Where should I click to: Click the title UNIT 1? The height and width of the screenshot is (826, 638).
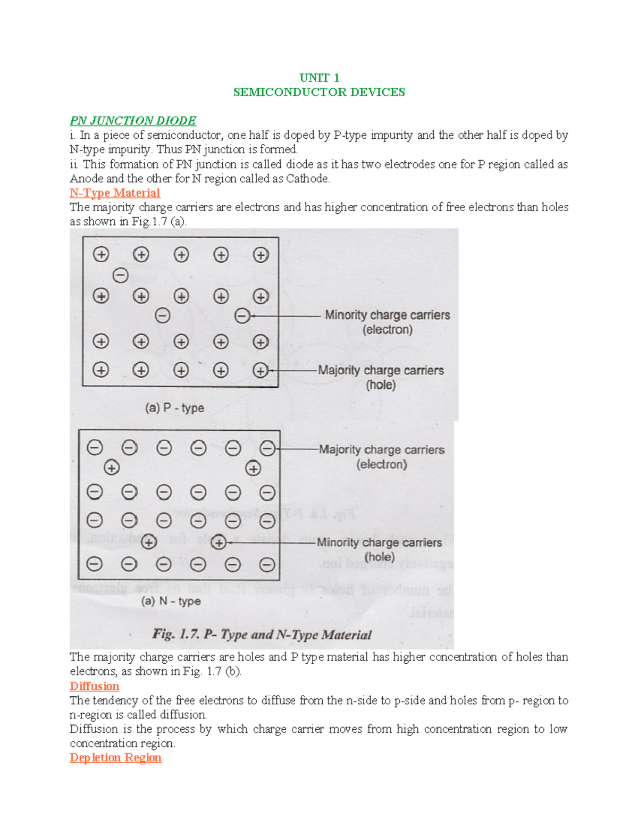[319, 78]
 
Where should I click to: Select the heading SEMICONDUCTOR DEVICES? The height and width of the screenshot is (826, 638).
[319, 92]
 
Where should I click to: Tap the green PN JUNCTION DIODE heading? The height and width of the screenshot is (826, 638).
[133, 121]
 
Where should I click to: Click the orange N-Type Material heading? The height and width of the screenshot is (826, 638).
[115, 193]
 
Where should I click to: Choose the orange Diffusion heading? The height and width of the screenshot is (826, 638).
[94, 686]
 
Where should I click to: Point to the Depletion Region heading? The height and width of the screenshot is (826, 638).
[115, 757]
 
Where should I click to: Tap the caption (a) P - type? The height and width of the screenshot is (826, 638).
[174, 408]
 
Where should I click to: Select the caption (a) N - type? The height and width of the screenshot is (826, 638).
[171, 601]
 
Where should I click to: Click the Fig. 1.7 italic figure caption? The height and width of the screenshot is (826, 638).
[262, 635]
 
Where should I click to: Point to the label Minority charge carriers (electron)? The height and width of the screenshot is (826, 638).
[387, 322]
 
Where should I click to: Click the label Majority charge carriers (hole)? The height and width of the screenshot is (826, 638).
[381, 377]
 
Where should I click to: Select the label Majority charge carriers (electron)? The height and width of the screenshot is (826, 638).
[382, 456]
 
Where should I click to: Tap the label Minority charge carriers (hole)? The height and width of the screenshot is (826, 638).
[379, 549]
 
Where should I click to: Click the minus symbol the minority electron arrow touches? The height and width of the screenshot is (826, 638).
[242, 316]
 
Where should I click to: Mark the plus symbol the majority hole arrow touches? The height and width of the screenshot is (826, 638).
[261, 370]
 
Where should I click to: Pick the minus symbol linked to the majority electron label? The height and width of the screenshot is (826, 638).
[267, 448]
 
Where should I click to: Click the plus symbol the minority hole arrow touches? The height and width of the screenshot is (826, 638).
[219, 543]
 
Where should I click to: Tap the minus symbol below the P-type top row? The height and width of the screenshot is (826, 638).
[121, 276]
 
